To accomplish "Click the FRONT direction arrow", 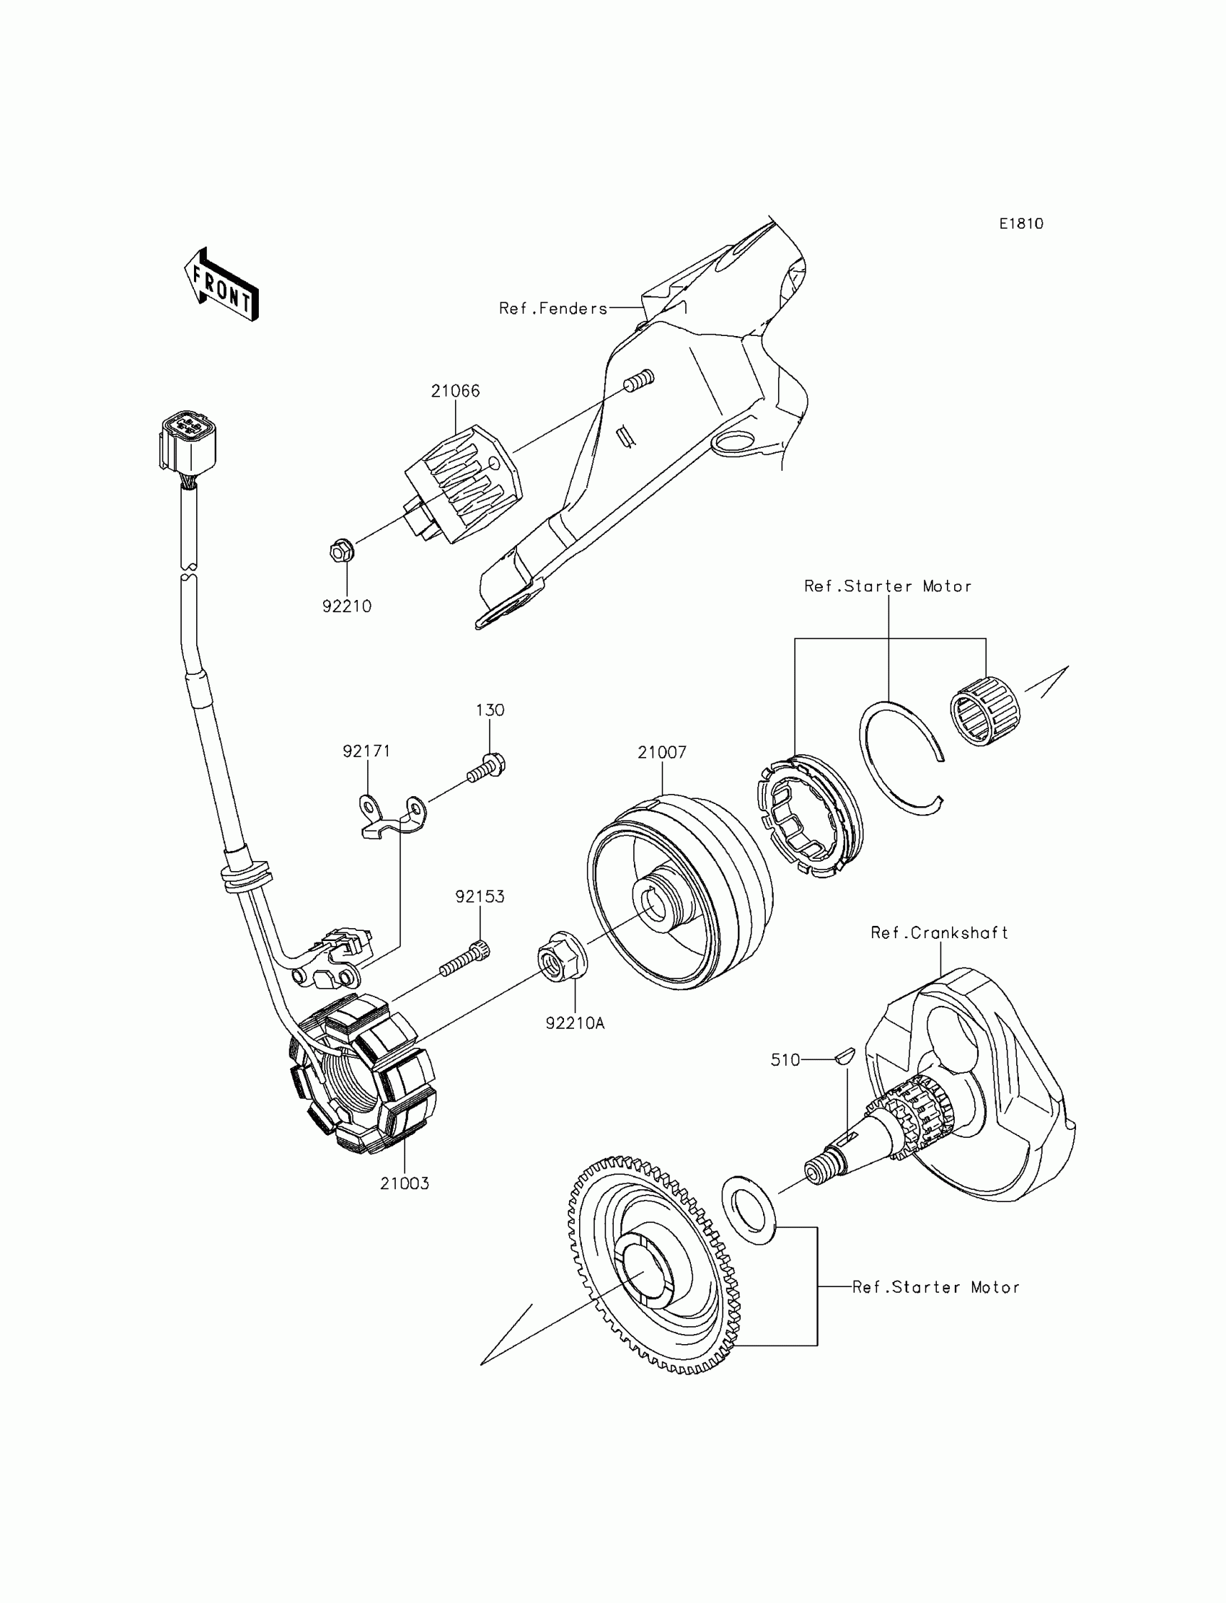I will pos(221,286).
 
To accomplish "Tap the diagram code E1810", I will pos(1021,224).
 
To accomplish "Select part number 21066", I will pos(455,391).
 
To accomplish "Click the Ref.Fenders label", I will pos(553,309).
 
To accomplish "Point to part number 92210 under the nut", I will pos(347,606).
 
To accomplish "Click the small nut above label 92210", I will pos(341,550).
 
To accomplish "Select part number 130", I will pos(490,710).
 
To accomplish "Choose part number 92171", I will pos(366,751).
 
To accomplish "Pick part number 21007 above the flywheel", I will pos(662,752).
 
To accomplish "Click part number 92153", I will pos(480,897).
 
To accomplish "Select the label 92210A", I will pos(575,1024).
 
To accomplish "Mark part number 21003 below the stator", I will pos(405,1183).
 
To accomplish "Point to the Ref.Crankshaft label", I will pos(939,932).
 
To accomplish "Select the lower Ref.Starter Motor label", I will pos(935,1287).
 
